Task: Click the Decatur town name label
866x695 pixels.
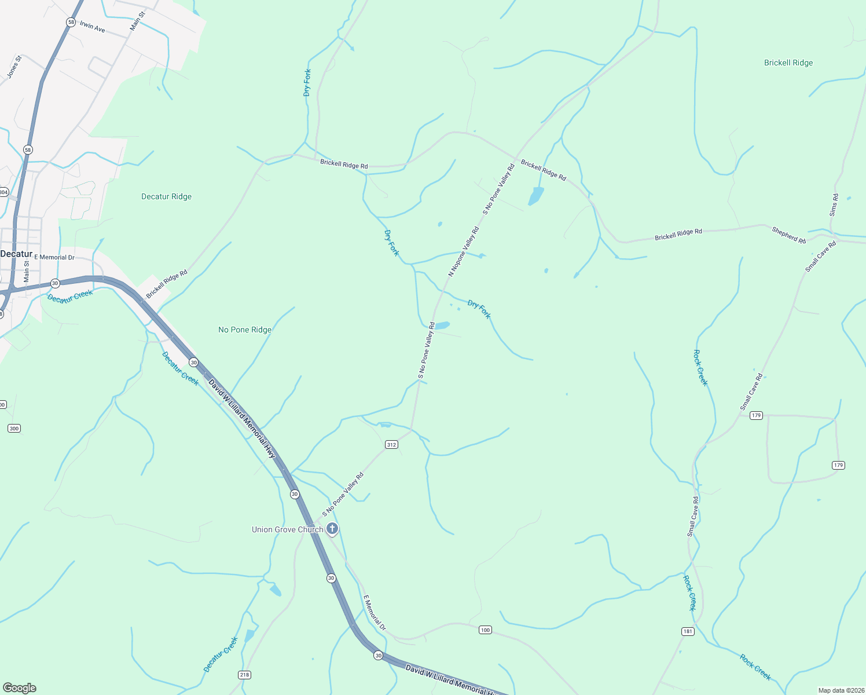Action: coord(16,254)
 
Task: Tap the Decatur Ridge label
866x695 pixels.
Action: coord(166,196)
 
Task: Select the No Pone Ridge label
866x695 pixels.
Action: coord(245,330)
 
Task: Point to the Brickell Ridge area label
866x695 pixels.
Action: coord(788,63)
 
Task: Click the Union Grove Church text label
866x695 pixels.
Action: coord(287,529)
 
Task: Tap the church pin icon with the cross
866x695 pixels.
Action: coord(332,528)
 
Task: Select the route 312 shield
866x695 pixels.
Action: coord(391,444)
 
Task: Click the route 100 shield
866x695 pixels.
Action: coord(485,630)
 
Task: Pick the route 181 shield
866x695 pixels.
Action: coord(688,631)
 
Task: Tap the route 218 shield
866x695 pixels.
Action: coord(244,674)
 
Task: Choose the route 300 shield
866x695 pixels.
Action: coord(14,428)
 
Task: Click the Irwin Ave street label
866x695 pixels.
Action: coord(93,27)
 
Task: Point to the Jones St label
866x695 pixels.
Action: coord(14,67)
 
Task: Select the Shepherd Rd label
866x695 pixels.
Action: coord(788,235)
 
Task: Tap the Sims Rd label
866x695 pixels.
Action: coord(834,206)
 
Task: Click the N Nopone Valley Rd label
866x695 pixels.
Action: coord(464,251)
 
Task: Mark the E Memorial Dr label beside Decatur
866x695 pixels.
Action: coord(54,257)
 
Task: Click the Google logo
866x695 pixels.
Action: coord(19,688)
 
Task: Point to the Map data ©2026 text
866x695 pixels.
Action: coord(841,690)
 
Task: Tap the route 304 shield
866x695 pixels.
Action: coord(3,192)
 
